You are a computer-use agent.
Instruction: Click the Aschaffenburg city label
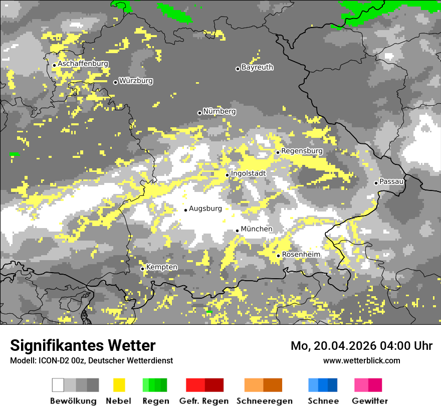coord(83,64)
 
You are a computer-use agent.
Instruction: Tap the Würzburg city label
coord(136,81)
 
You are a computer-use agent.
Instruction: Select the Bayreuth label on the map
coord(257,67)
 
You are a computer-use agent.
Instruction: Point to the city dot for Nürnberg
coord(199,113)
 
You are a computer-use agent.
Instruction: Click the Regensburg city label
coord(302,151)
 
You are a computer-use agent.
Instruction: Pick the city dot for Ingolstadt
coord(227,175)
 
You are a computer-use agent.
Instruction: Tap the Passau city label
coord(391,181)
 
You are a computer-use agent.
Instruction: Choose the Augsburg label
coord(205,209)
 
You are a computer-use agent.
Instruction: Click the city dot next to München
coord(237,231)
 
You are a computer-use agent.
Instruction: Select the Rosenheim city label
coord(301,255)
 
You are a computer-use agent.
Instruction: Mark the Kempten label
coord(161,267)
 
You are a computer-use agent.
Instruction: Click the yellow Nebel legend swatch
coord(119,385)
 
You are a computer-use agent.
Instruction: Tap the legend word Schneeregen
coord(264,401)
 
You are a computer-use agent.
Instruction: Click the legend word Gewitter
coord(369,401)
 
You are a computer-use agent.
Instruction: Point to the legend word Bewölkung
coord(73,401)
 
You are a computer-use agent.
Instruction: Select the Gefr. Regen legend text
coord(203,401)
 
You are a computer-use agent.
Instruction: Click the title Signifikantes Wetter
coord(83,345)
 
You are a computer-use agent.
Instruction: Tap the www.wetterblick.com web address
coord(361,360)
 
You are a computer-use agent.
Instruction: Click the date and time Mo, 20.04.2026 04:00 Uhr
coord(361,346)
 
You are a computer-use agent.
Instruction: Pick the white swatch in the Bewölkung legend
coord(58,385)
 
